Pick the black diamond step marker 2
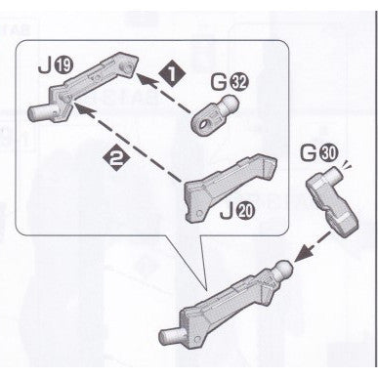pos(115,158)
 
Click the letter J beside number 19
pos(45,66)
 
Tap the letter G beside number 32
pos(219,83)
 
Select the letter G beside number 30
pos(310,153)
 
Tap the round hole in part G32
pos(205,124)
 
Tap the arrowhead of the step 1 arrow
pos(144,79)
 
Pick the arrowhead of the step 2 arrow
pos(82,109)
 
